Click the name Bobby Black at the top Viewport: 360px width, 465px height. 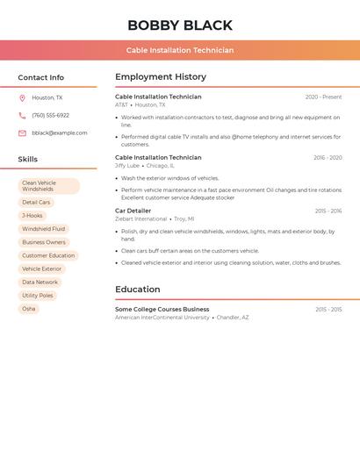pyautogui.click(x=180, y=25)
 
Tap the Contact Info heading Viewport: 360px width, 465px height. pyautogui.click(x=40, y=77)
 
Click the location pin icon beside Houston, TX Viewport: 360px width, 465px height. pyautogui.click(x=22, y=98)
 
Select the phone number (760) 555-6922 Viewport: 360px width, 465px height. pyautogui.click(x=50, y=116)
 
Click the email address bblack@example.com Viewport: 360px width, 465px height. pyautogui.click(x=60, y=133)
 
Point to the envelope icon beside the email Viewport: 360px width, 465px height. pyautogui.click(x=22, y=133)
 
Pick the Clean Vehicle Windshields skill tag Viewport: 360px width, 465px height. pyautogui.click(x=48, y=186)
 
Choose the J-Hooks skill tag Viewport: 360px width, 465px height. pyautogui.click(x=32, y=216)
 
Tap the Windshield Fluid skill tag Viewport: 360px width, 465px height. pyautogui.click(x=43, y=229)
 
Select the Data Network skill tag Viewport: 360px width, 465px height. pyautogui.click(x=40, y=283)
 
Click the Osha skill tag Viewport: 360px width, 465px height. pyautogui.click(x=29, y=309)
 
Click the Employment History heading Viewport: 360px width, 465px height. pyautogui.click(x=161, y=77)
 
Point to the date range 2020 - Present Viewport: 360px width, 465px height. pyautogui.click(x=323, y=97)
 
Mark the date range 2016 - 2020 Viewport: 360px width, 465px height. pyautogui.click(x=328, y=158)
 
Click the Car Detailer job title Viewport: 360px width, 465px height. pyautogui.click(x=133, y=211)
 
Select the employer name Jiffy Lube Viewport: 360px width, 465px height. pyautogui.click(x=127, y=166)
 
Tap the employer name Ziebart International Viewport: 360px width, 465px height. pyautogui.click(x=140, y=219)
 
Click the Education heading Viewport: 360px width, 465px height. pyautogui.click(x=138, y=290)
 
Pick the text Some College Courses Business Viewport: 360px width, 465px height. pyautogui.click(x=162, y=310)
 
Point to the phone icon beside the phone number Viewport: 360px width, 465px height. pyautogui.click(x=22, y=116)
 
